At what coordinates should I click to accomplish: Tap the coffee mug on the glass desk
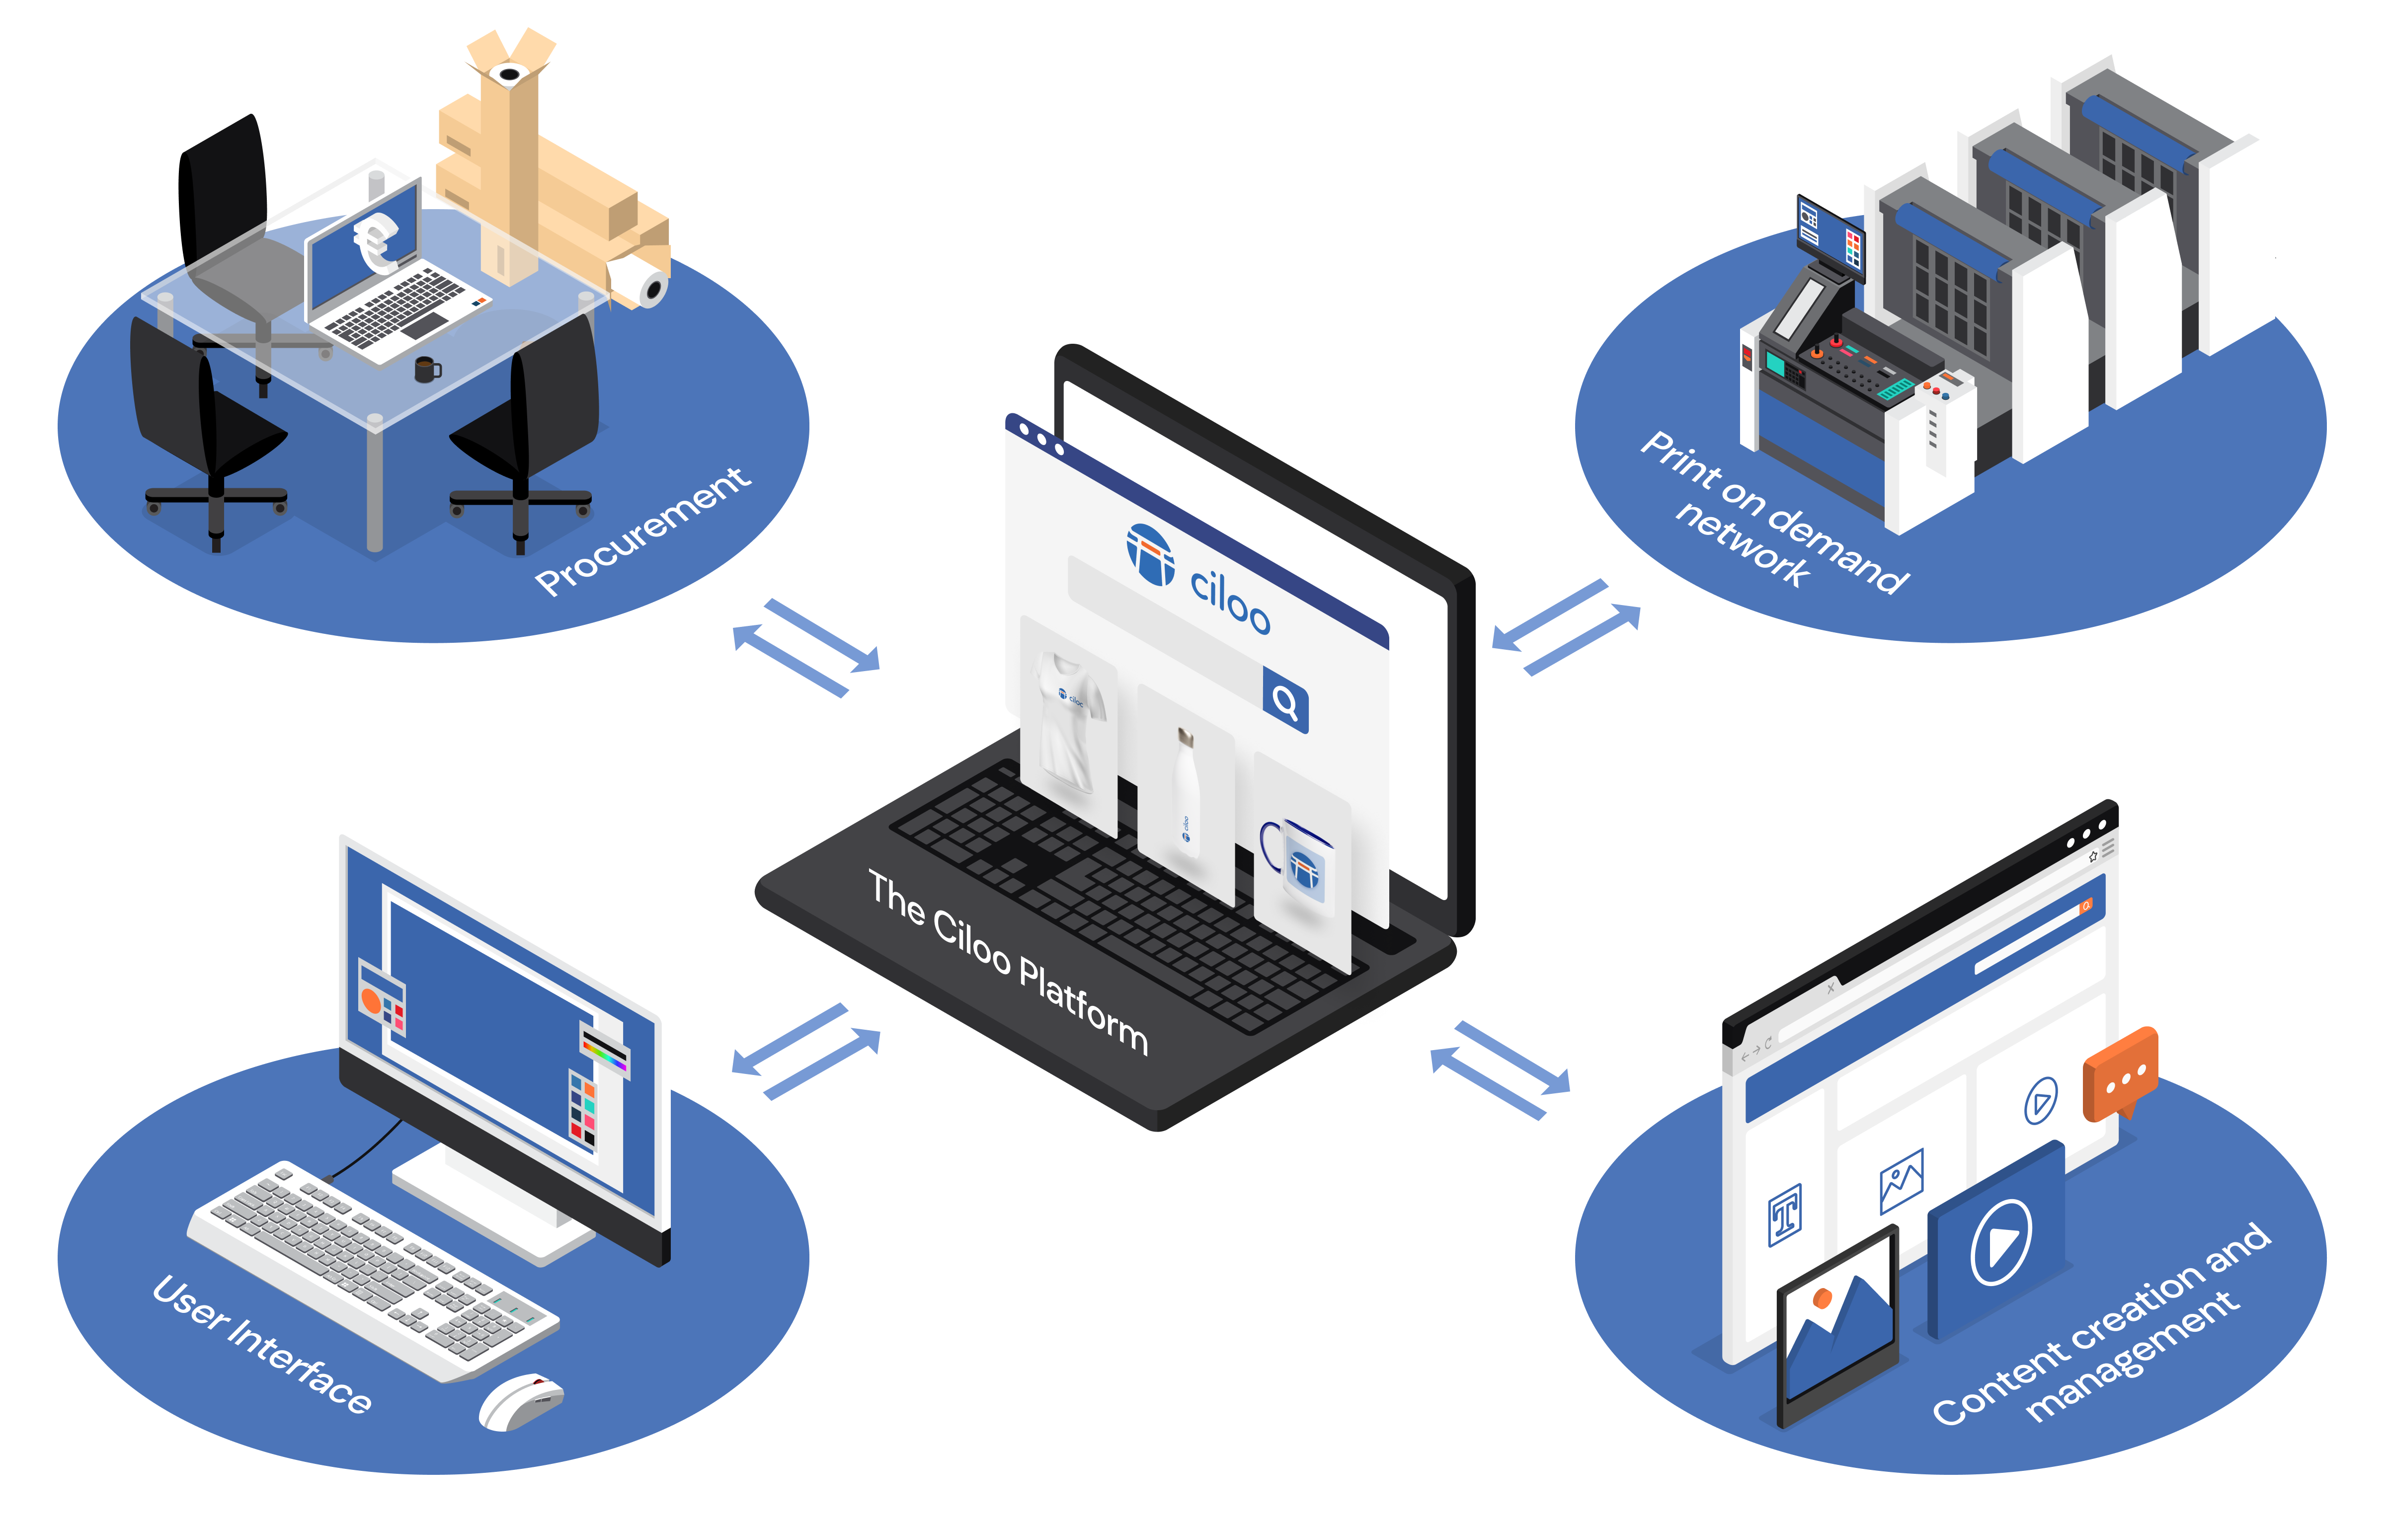426,370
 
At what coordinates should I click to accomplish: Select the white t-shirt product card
1068,723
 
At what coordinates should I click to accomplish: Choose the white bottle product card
1186,792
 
